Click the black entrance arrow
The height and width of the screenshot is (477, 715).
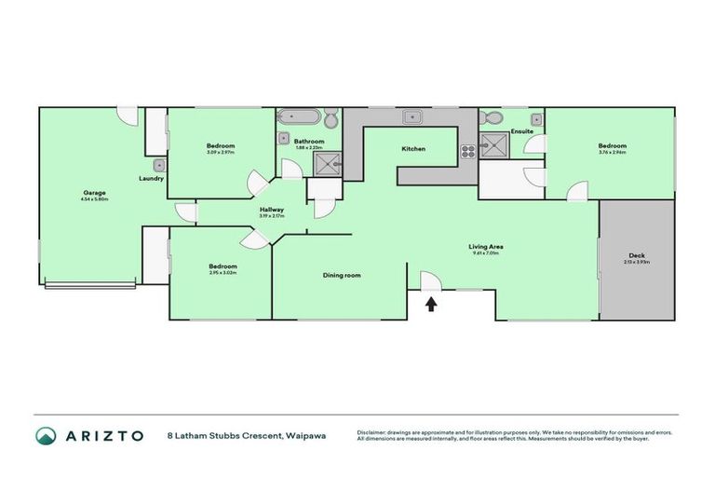click(431, 304)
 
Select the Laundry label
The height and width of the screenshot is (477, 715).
click(151, 179)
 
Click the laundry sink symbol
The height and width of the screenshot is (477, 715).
click(159, 165)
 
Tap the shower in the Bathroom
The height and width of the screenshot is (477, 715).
click(326, 164)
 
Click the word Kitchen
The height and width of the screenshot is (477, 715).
click(413, 149)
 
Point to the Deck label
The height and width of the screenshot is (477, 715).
click(637, 256)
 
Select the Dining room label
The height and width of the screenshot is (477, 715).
click(342, 275)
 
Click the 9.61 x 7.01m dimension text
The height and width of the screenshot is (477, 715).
click(485, 253)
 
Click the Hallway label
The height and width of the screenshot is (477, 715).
click(271, 210)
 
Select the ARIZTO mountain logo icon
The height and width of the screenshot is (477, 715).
click(46, 435)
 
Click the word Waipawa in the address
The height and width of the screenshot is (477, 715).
click(306, 435)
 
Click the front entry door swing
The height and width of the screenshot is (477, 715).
click(429, 280)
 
